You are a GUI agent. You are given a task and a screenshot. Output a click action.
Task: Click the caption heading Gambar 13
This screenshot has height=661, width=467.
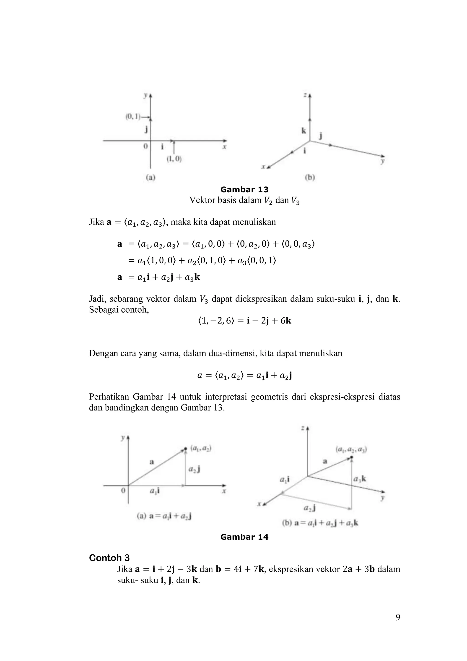tap(244, 189)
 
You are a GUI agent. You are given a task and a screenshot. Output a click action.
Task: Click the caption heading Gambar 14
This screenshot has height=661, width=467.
tap(244, 537)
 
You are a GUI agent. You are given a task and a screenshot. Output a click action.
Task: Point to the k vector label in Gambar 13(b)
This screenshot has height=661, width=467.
tap(304, 131)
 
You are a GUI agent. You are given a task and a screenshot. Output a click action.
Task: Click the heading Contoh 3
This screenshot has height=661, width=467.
tap(109, 558)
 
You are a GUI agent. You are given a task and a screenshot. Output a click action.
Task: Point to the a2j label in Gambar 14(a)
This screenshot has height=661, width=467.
tap(194, 470)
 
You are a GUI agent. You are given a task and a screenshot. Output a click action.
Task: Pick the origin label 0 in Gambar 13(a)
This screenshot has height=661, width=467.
tap(146, 146)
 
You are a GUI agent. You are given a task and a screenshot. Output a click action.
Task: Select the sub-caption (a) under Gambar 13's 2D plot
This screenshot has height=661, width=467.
tap(150, 178)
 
